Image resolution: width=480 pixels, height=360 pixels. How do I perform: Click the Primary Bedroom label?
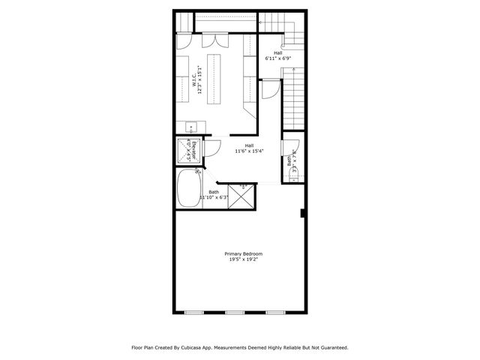click(243, 253)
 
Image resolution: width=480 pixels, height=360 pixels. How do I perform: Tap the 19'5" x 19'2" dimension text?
click(243, 259)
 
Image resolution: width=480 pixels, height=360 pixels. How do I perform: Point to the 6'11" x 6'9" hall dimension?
click(277, 58)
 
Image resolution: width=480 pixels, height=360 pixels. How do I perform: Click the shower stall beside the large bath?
click(241, 196)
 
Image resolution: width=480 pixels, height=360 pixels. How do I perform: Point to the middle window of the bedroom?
click(235, 312)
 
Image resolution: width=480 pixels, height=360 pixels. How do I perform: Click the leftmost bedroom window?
click(194, 312)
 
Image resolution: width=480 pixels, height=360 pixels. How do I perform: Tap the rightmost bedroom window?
click(276, 312)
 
